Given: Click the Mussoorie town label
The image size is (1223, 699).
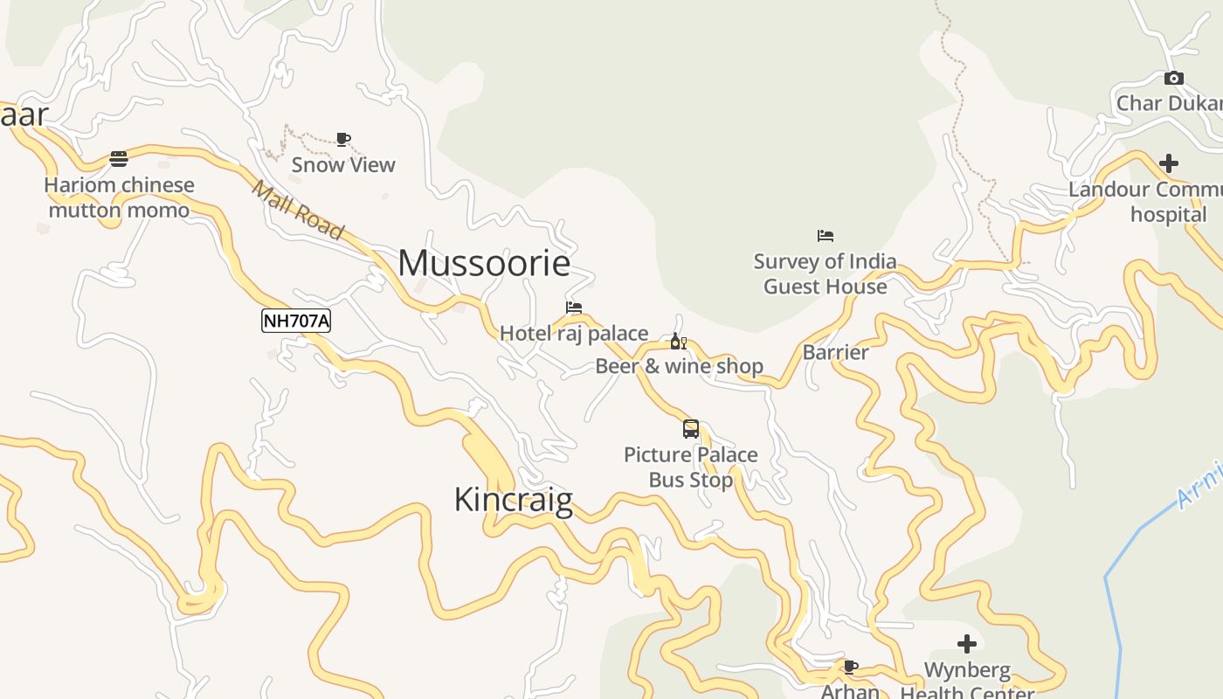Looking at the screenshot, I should click(484, 263).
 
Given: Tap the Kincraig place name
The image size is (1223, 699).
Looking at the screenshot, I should click(514, 500).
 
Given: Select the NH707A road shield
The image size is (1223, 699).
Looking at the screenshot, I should click(296, 321).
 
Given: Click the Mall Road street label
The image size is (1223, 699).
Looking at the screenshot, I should click(298, 210).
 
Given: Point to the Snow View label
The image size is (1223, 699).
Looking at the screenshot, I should click(343, 164).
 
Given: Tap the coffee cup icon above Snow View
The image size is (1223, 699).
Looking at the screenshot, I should click(343, 139).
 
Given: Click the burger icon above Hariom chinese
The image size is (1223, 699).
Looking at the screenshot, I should click(119, 159).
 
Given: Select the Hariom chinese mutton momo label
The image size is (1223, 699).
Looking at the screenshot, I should click(119, 197).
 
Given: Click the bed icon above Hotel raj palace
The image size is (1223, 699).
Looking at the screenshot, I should click(574, 308).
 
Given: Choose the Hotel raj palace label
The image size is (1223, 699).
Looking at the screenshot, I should click(574, 333).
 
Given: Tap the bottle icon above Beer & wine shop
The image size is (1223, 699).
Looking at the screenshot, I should click(678, 341).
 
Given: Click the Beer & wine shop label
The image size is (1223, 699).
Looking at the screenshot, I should click(680, 366).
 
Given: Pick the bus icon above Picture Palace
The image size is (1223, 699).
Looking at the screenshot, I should click(691, 429).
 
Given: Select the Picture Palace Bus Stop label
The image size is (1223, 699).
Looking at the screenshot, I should click(691, 467).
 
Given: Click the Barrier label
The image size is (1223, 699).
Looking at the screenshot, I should click(835, 352).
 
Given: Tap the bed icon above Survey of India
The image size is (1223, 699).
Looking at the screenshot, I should click(826, 236).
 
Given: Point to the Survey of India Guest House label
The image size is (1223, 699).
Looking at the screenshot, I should click(826, 273).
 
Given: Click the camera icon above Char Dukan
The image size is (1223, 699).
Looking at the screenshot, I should click(1174, 79).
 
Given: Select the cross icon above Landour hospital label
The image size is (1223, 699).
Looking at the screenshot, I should click(1169, 163).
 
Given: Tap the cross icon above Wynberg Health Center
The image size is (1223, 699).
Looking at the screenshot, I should click(967, 644).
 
